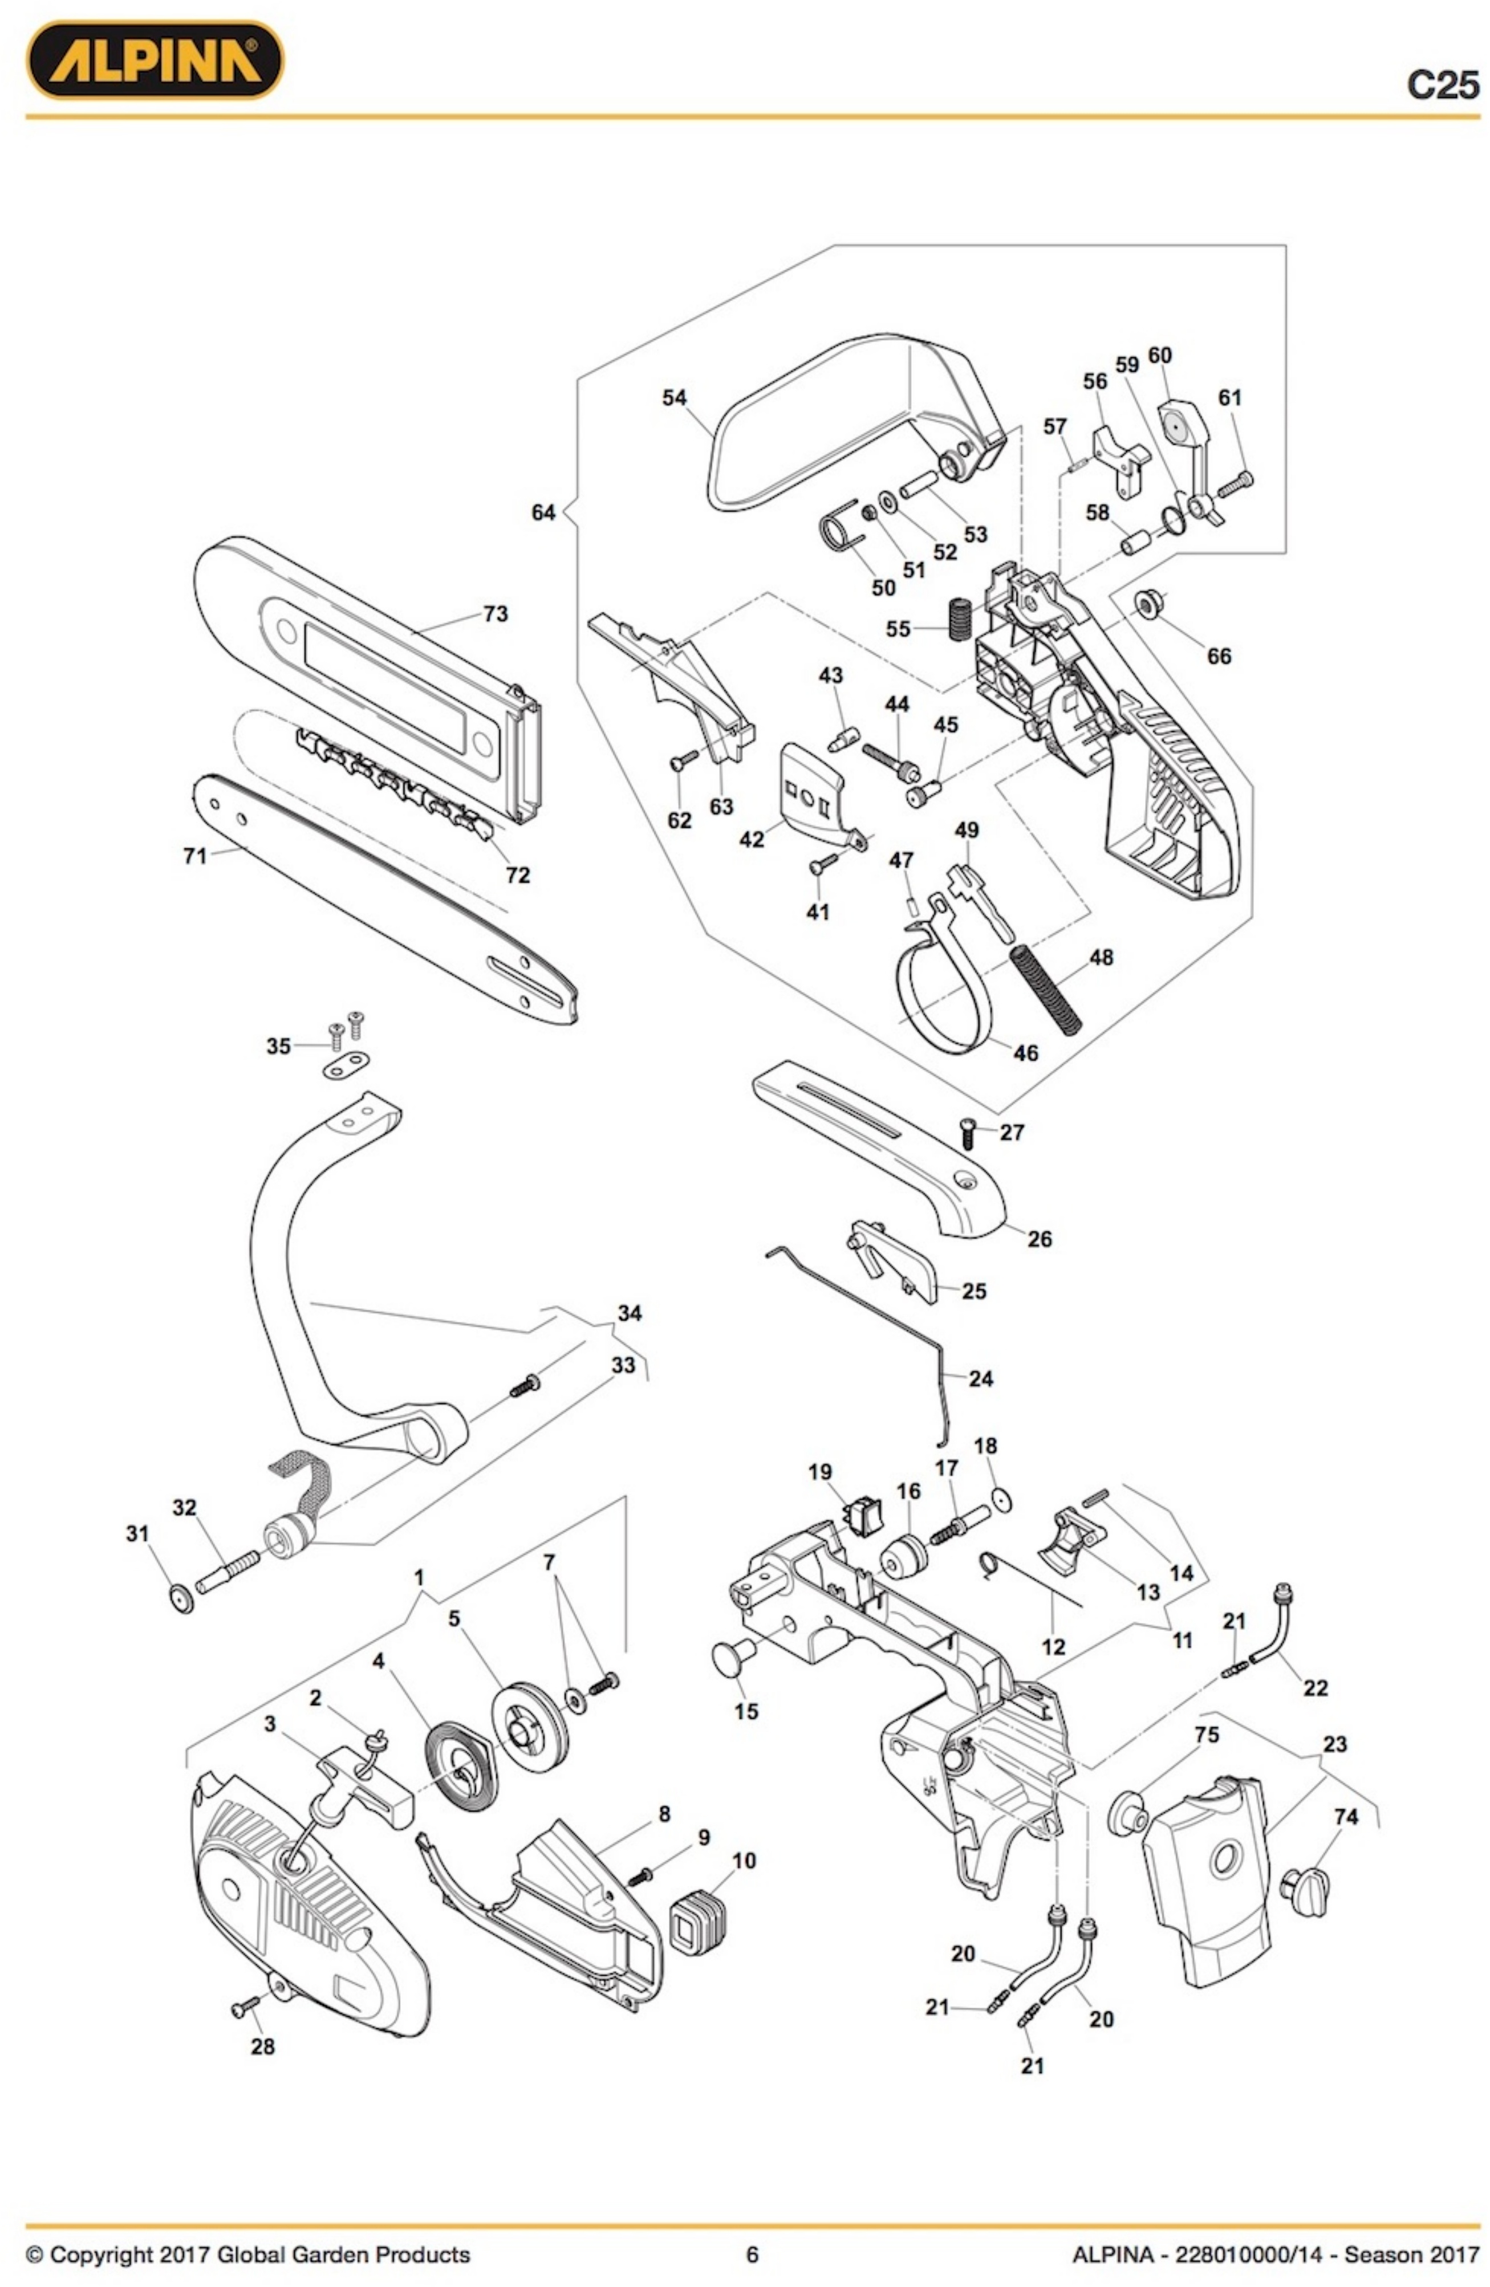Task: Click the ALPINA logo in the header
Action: point(155,60)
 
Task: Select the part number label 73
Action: point(495,613)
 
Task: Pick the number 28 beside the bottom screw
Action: point(262,2047)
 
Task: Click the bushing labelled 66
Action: point(1150,603)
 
